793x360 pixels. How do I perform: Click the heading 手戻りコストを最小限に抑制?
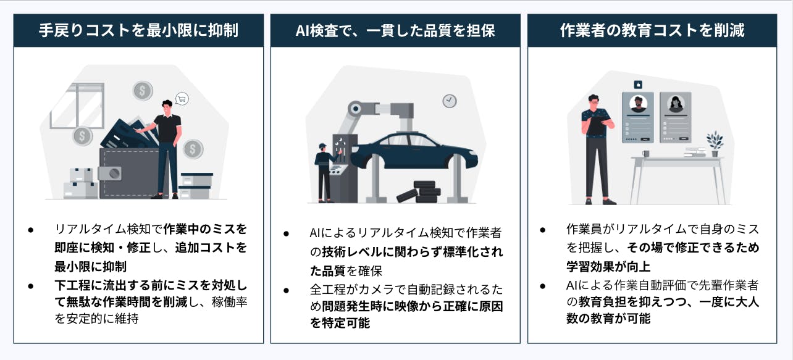click(x=138, y=30)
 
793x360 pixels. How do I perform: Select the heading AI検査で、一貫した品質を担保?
click(x=395, y=30)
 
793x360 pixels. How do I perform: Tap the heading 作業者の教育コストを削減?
click(x=652, y=30)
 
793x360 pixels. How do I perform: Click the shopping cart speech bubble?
click(x=182, y=99)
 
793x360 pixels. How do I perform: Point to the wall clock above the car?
click(x=450, y=101)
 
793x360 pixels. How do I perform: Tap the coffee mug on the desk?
click(x=646, y=154)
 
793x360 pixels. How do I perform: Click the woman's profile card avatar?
click(x=676, y=104)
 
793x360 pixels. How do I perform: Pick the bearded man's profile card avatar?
click(x=639, y=104)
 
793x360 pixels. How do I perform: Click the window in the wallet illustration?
click(x=77, y=106)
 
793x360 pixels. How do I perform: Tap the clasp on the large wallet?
click(x=110, y=174)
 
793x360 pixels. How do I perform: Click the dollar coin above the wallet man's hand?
click(x=143, y=91)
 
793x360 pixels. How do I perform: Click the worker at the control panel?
click(x=324, y=172)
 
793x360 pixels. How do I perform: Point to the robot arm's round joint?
click(x=356, y=109)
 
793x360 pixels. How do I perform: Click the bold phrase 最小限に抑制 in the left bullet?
click(x=91, y=267)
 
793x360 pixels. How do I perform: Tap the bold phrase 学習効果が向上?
click(x=608, y=267)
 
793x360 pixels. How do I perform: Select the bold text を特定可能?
click(x=340, y=323)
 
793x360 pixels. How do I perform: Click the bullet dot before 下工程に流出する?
click(x=31, y=286)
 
